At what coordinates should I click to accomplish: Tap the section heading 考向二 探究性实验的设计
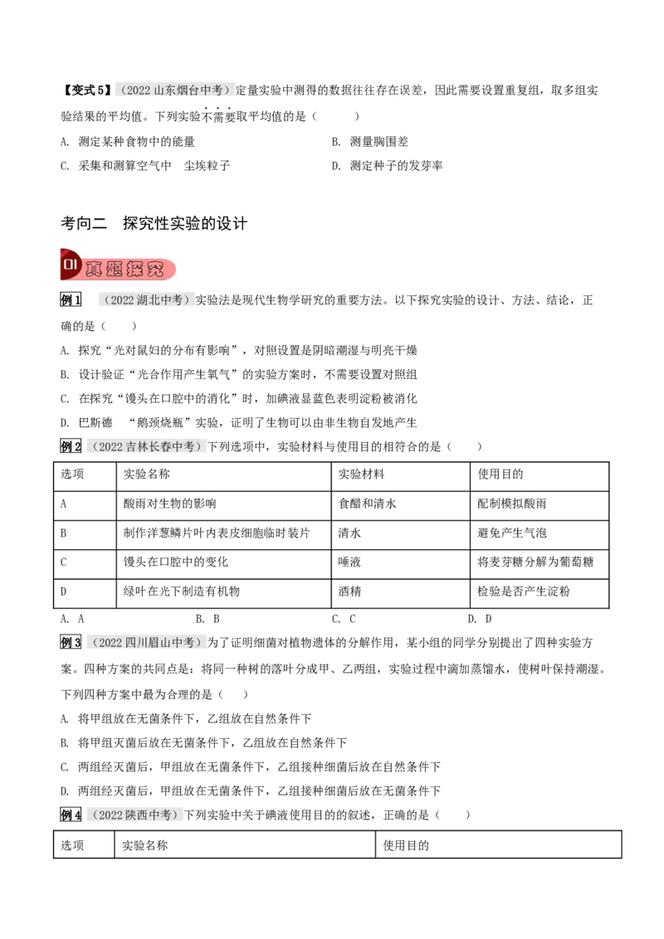[154, 223]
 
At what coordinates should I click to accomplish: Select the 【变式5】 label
[86, 90]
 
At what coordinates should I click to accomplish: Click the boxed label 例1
[71, 300]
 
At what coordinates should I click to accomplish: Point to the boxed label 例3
[71, 643]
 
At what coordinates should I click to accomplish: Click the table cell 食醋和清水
[367, 504]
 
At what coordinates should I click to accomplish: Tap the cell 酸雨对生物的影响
[169, 504]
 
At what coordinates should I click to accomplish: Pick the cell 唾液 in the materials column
[349, 562]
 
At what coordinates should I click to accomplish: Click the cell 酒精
[349, 591]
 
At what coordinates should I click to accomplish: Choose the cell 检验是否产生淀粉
[523, 591]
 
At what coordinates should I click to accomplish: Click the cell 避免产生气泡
[512, 533]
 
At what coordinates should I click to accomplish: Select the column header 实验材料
[361, 474]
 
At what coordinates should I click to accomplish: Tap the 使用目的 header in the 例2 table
[500, 474]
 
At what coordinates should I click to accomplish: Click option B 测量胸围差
[369, 142]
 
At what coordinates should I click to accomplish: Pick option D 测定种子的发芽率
[387, 166]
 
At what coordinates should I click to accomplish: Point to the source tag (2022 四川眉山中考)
[147, 643]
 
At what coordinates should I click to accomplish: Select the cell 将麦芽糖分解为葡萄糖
[535, 562]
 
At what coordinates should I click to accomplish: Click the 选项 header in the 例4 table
[72, 845]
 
